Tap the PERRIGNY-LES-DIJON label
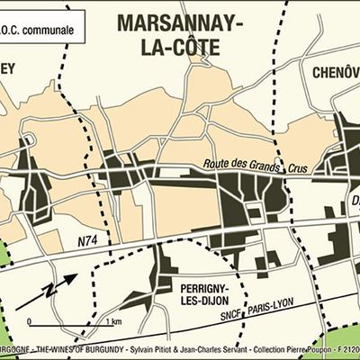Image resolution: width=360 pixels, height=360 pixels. (206, 293)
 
